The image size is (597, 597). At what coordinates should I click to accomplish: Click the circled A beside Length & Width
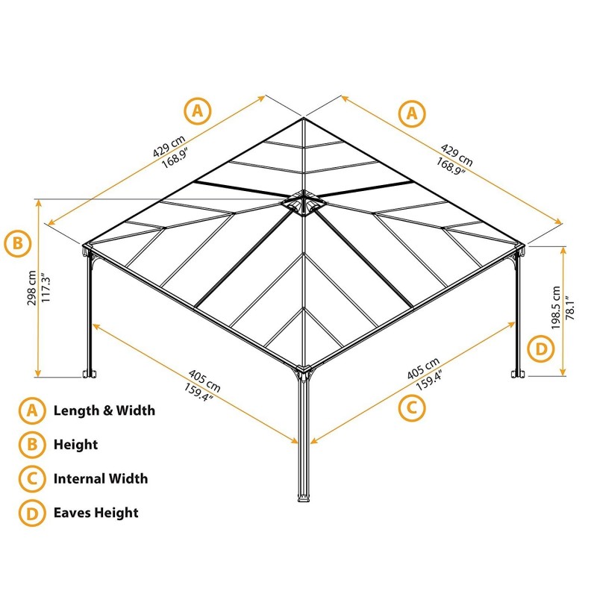pyautogui.click(x=31, y=410)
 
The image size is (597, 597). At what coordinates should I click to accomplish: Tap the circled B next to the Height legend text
pyautogui.click(x=31, y=445)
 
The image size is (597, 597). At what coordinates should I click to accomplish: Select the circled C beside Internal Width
pyautogui.click(x=31, y=478)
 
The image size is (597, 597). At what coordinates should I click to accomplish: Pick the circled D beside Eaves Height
pyautogui.click(x=31, y=513)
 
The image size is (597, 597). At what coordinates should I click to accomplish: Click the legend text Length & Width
pyautogui.click(x=104, y=410)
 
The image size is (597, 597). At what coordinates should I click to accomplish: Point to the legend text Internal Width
pyautogui.click(x=101, y=478)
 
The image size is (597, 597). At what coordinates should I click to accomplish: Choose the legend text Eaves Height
pyautogui.click(x=96, y=513)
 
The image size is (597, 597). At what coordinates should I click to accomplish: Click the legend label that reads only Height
pyautogui.click(x=75, y=445)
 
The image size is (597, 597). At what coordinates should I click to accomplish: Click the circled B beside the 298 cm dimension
pyautogui.click(x=18, y=243)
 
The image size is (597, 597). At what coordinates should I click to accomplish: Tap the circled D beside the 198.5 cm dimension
pyautogui.click(x=541, y=348)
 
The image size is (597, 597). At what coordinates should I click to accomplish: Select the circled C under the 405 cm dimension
pyautogui.click(x=411, y=407)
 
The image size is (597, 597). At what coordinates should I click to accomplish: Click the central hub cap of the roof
pyautogui.click(x=303, y=203)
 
